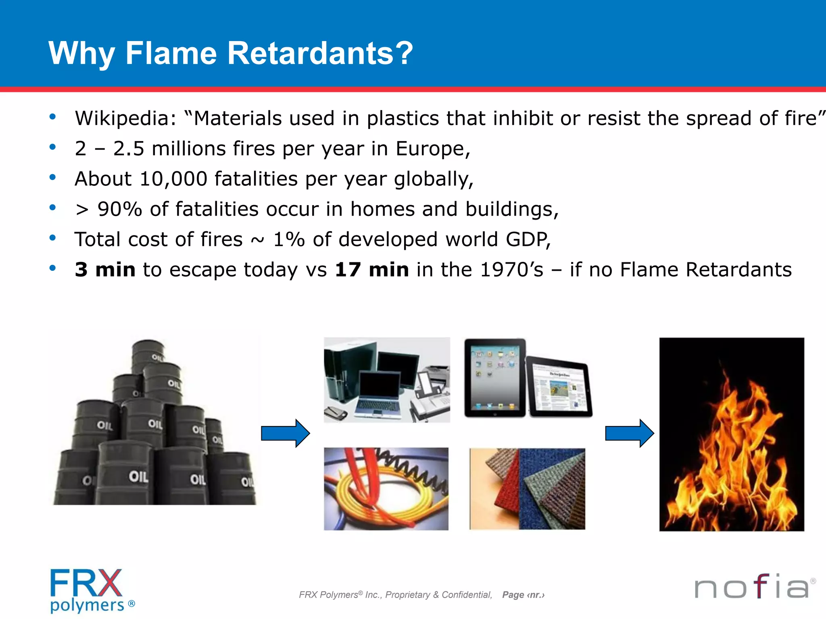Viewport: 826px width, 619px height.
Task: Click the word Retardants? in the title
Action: click(320, 53)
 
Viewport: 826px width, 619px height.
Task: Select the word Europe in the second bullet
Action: click(432, 149)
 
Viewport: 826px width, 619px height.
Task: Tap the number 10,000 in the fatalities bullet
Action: click(173, 179)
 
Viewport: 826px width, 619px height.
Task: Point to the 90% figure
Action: click(120, 209)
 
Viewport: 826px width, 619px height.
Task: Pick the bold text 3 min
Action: click(105, 270)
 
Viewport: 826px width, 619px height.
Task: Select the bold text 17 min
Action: click(371, 270)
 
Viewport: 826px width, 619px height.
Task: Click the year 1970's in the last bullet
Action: click(512, 270)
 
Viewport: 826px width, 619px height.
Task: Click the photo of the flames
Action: click(731, 434)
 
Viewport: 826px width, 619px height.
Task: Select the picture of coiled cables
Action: click(386, 489)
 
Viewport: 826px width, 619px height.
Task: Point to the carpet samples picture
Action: click(527, 489)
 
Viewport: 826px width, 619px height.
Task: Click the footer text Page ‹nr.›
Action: click(523, 595)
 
